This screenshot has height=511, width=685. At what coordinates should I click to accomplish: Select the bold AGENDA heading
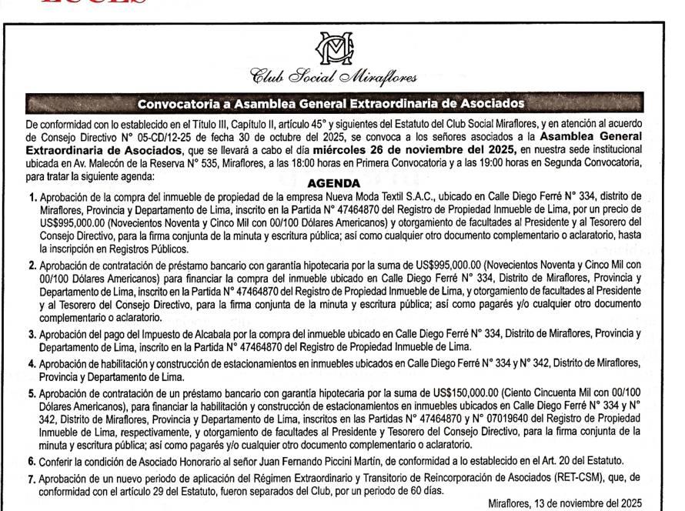[x=333, y=183]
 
